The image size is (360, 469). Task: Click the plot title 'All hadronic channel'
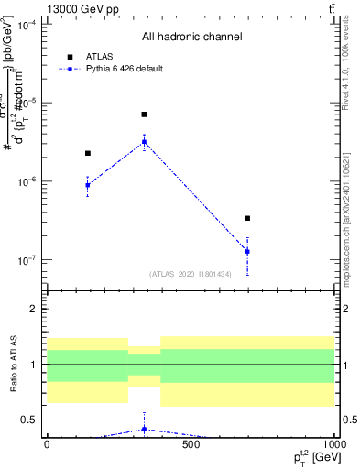(191, 38)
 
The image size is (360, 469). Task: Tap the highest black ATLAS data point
(144, 115)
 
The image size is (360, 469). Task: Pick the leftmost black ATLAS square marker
(88, 153)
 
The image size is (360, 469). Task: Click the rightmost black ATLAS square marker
(247, 218)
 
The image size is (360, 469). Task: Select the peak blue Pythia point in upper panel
(144, 141)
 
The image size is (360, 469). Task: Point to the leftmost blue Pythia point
(88, 185)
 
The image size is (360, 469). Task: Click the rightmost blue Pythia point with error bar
(247, 251)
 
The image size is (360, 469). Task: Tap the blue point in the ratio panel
(144, 429)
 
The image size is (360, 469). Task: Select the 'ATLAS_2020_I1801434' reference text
(191, 274)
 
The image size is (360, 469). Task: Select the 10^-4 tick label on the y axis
(27, 25)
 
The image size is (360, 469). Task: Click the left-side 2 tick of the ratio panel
(37, 309)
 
